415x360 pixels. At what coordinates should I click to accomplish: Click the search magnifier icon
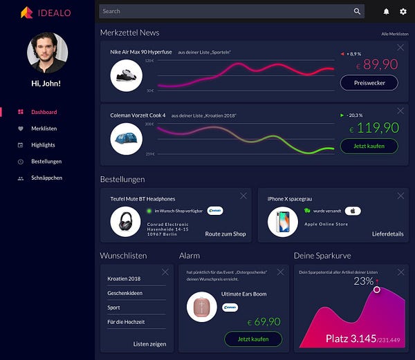(x=357, y=11)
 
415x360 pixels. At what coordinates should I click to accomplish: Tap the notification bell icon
(x=386, y=12)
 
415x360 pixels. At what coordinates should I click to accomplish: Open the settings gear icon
(x=403, y=12)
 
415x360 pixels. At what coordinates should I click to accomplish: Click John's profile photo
(x=47, y=53)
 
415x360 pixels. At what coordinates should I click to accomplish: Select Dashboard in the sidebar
(x=44, y=112)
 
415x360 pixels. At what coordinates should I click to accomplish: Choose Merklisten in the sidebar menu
(x=44, y=129)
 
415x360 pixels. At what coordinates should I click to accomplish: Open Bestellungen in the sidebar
(x=46, y=162)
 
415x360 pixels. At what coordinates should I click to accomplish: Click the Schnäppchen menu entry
(x=46, y=178)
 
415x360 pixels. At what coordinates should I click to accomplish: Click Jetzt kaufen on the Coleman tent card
(x=369, y=146)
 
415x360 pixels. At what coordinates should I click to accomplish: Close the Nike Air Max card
(x=400, y=48)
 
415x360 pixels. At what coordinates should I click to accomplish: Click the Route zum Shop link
(x=225, y=234)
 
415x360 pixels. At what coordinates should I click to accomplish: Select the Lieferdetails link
(x=387, y=234)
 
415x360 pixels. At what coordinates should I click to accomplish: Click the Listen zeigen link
(x=149, y=343)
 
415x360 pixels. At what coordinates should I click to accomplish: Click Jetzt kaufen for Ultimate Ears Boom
(x=253, y=339)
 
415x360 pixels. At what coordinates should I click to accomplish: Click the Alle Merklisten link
(x=394, y=34)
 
